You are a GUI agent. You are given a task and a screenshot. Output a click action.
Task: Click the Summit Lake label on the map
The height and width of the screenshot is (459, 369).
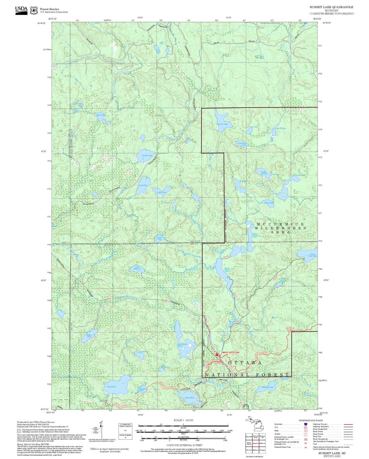coord(222,124)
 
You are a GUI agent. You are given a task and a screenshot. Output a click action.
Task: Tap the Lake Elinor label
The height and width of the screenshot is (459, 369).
coord(111,387)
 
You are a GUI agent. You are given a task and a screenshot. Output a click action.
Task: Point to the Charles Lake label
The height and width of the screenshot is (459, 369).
coord(147,156)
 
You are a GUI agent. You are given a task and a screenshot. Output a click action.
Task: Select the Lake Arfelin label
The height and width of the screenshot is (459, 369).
coord(189,397)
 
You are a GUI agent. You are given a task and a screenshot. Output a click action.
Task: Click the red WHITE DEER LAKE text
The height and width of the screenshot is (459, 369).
coord(231,352)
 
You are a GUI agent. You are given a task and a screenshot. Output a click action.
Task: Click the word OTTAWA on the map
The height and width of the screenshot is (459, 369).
coord(245,363)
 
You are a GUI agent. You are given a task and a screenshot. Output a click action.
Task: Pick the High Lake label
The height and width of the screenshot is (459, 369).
coord(100,115)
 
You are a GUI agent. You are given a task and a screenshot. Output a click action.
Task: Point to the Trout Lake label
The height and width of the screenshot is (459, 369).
coord(254,127)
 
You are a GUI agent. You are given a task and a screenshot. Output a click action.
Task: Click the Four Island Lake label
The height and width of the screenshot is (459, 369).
coord(182,345)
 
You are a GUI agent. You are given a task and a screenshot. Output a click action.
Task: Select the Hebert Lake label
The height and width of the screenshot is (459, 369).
coord(89,336)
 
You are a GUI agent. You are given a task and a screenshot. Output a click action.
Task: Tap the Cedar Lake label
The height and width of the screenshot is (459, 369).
coord(161,192)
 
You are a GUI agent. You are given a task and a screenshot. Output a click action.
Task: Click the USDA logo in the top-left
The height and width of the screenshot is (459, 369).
coord(21,10)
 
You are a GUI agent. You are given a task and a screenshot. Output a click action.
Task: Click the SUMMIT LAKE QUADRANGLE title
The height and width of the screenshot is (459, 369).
coord(331,7)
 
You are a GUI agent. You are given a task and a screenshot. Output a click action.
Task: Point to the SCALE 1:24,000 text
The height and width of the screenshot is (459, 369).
coord(183,420)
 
